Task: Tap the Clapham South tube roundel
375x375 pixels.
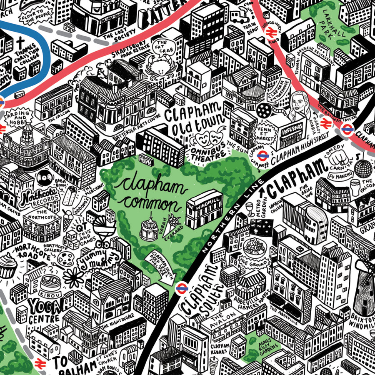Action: click(181, 288)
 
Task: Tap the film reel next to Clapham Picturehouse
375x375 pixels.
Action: click(264, 110)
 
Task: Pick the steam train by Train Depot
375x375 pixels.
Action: click(240, 17)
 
